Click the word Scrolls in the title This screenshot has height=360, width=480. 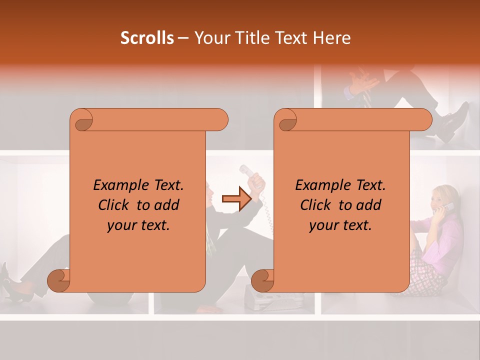pos(147,38)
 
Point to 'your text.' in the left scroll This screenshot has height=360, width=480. pos(138,225)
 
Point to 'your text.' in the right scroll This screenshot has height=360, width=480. pos(340,225)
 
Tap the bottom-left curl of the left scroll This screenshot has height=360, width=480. pos(58,280)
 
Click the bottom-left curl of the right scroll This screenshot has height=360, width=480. pos(262,280)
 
